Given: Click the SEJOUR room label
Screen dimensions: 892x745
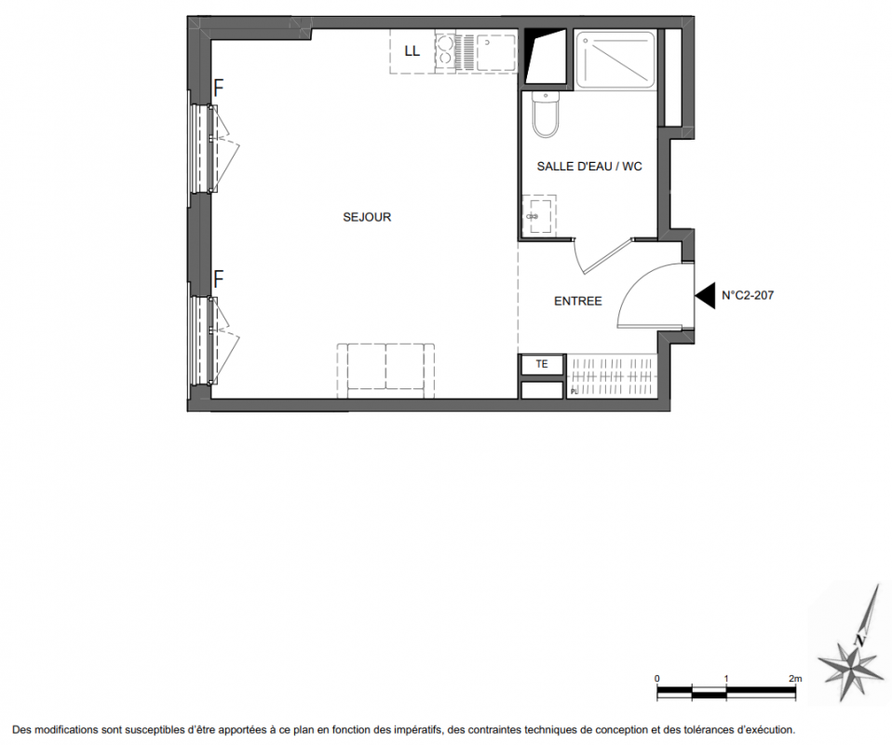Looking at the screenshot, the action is point(367,217).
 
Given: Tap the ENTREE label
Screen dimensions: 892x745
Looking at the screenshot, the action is point(578,301).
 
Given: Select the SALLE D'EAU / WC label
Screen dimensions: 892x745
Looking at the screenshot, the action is point(589,166).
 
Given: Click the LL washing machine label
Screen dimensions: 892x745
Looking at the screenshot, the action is point(412,51).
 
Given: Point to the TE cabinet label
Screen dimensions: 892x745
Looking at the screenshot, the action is point(542,364).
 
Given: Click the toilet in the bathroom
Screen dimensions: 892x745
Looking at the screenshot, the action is point(546,115).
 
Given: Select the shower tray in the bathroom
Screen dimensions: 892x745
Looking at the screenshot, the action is point(615,60).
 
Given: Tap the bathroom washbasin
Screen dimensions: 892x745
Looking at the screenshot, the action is point(537,215).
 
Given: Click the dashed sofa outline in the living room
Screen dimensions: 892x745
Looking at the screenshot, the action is point(385,371).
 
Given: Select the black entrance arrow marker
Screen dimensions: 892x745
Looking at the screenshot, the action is point(705,295).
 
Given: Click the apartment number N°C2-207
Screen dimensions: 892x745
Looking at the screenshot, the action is point(748,295).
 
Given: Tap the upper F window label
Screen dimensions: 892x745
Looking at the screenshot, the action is point(219,88).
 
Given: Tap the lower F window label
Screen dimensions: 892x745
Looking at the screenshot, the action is point(219,278).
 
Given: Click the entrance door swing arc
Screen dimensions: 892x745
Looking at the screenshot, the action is point(632,283).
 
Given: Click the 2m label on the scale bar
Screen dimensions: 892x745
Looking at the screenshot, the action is point(795,678).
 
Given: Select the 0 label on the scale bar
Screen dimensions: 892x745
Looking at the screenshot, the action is point(657,678).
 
